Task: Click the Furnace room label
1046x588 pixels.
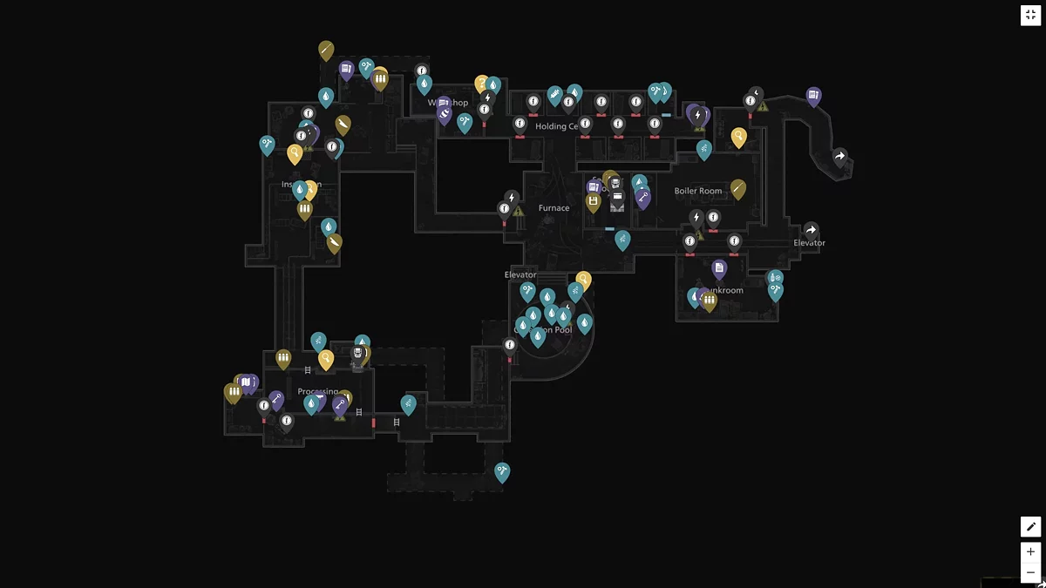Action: pyautogui.click(x=554, y=208)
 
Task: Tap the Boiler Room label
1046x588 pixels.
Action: pyautogui.click(x=698, y=191)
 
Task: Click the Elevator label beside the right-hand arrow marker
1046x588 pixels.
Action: pyautogui.click(x=809, y=243)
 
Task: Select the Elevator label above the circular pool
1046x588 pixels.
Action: pyautogui.click(x=520, y=275)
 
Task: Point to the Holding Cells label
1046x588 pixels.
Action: pyautogui.click(x=557, y=126)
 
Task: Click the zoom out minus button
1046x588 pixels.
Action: pyautogui.click(x=1030, y=572)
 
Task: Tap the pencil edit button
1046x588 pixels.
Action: pyautogui.click(x=1030, y=526)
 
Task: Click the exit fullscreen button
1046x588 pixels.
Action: pyautogui.click(x=1030, y=15)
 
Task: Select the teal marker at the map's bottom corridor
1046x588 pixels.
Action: pyautogui.click(x=502, y=471)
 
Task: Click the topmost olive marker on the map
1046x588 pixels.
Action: pyautogui.click(x=326, y=50)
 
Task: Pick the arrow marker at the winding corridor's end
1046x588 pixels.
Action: pyautogui.click(x=839, y=157)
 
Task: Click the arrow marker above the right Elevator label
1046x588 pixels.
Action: pyautogui.click(x=811, y=230)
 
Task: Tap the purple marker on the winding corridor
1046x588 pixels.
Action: pyautogui.click(x=813, y=95)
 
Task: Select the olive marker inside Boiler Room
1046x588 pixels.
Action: pyautogui.click(x=738, y=188)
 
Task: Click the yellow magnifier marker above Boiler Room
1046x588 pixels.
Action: pyautogui.click(x=738, y=136)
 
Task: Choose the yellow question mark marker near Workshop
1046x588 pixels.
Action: pyautogui.click(x=481, y=83)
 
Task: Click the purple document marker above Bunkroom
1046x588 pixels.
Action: pyautogui.click(x=719, y=268)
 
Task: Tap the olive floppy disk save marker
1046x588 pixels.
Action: pyautogui.click(x=594, y=202)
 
